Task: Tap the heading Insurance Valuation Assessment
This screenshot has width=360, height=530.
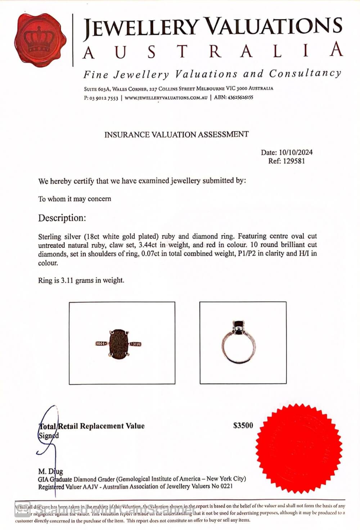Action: point(176,135)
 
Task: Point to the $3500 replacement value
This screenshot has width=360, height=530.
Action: point(243,426)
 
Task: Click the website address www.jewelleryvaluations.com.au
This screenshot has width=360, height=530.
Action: point(166,98)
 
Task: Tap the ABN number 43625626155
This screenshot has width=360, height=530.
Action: point(240,97)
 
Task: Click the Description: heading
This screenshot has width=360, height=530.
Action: point(62,218)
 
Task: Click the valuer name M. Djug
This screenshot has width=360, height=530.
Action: point(51,471)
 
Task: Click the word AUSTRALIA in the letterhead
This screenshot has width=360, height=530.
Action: point(212,51)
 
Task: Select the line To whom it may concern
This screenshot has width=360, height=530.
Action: point(75,199)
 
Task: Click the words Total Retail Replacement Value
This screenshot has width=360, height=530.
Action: point(91,426)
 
